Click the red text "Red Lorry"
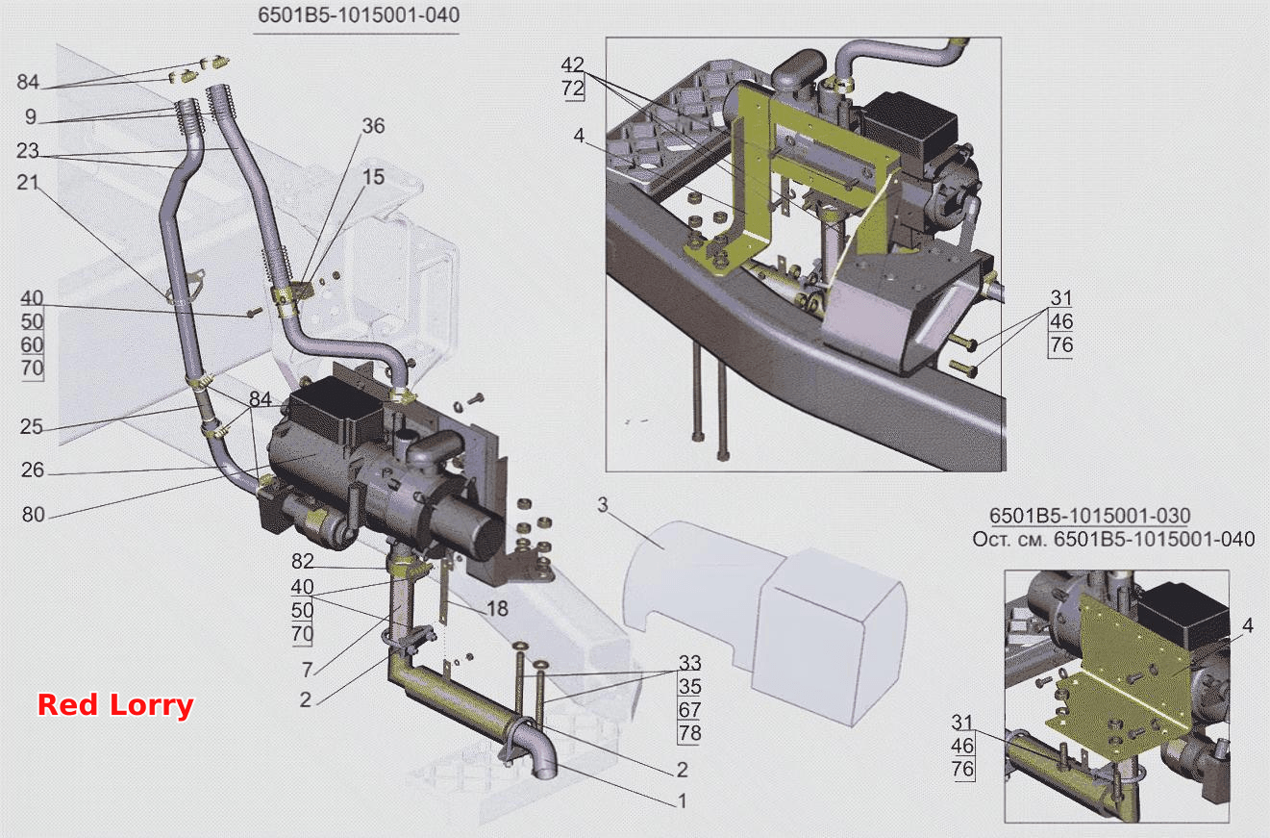pos(115,705)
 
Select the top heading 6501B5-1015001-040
pos(359,15)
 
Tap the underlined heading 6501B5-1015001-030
pos(1089,515)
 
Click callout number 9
pos(31,116)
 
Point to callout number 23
pos(27,151)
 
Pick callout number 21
pos(27,183)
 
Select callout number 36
pos(373,126)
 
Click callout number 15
pos(373,177)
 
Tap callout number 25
pos(31,426)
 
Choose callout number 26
pos(33,470)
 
